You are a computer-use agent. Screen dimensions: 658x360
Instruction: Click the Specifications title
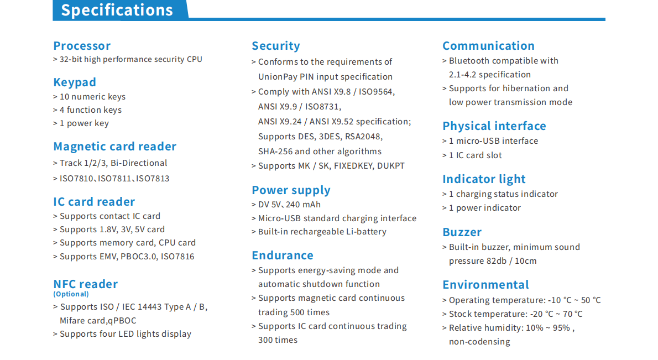117,10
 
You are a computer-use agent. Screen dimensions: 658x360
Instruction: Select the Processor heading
82,46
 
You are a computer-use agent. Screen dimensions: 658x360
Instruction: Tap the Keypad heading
75,82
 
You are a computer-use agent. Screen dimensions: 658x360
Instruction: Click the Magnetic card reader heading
114,147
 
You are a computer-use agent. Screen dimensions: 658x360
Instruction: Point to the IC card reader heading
94,202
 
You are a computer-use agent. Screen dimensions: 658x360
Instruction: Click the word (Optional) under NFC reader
71,294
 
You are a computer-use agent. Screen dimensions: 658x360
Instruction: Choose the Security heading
276,46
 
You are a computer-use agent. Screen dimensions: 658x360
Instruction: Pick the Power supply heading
291,190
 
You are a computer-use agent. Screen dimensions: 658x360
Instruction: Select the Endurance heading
283,255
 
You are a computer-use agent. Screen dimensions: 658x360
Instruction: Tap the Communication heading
488,46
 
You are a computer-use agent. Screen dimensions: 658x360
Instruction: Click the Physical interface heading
494,126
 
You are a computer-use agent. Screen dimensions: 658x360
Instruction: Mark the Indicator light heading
484,179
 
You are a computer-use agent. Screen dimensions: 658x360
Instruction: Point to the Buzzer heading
462,232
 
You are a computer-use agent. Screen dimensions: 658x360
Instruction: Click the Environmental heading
485,285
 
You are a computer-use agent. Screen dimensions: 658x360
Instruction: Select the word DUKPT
391,166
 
